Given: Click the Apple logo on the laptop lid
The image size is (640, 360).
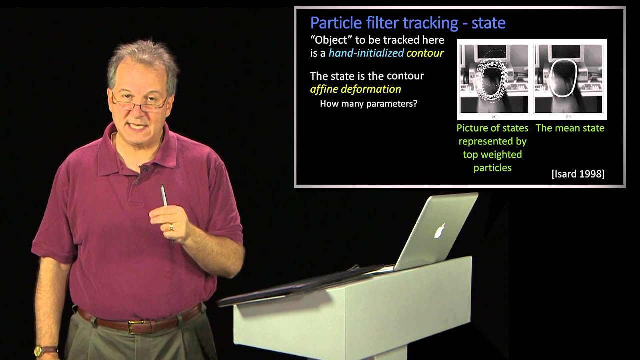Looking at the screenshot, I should pos(439,230).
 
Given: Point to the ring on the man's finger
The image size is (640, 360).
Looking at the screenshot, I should pos(171,227).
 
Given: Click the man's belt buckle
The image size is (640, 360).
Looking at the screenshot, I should pos(134,326).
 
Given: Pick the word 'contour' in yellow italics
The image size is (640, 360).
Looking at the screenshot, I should pos(425,53).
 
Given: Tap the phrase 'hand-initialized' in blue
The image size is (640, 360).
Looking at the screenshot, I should pos(366,53).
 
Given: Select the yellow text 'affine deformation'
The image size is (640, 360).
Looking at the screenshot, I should pos(355,89).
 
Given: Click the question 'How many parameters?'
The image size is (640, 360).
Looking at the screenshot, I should pos(368,104).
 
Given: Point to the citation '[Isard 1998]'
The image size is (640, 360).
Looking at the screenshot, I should pos(578,174).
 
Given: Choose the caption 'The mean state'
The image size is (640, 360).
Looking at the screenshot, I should pos(570,128).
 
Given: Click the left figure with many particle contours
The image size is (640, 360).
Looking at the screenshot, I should pos(494,78).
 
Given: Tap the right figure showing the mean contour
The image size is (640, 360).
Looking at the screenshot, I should pos(568,78).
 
